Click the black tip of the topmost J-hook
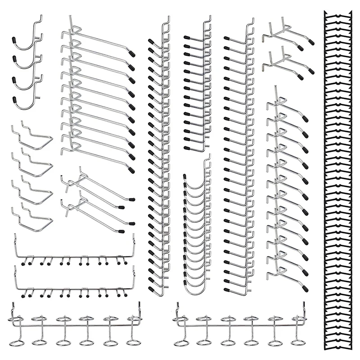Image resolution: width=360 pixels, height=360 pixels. tap(15, 39)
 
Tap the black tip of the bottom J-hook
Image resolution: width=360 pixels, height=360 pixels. tap(15, 100)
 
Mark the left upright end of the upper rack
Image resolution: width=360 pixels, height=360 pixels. tap(15, 243)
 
